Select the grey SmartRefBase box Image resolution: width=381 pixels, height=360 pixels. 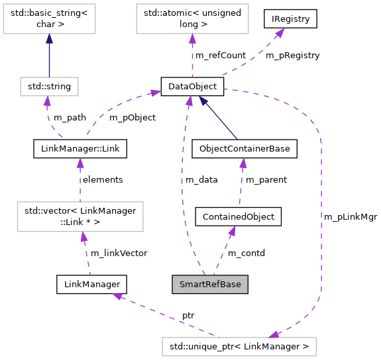click(210, 285)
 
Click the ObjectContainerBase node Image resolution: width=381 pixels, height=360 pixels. click(245, 149)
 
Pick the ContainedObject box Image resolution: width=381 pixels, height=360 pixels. click(239, 216)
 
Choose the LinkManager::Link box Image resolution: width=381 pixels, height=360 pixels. click(80, 149)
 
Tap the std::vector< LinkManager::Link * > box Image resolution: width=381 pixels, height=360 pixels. click(80, 216)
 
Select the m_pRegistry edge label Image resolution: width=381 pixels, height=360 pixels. click(292, 56)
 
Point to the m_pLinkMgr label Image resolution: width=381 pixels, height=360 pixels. click(351, 216)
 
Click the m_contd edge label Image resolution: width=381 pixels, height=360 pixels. click(246, 253)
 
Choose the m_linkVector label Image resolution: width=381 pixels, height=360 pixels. click(119, 253)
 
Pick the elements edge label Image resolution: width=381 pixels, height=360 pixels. click(102, 179)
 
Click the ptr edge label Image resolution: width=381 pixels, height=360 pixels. click(188, 316)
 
